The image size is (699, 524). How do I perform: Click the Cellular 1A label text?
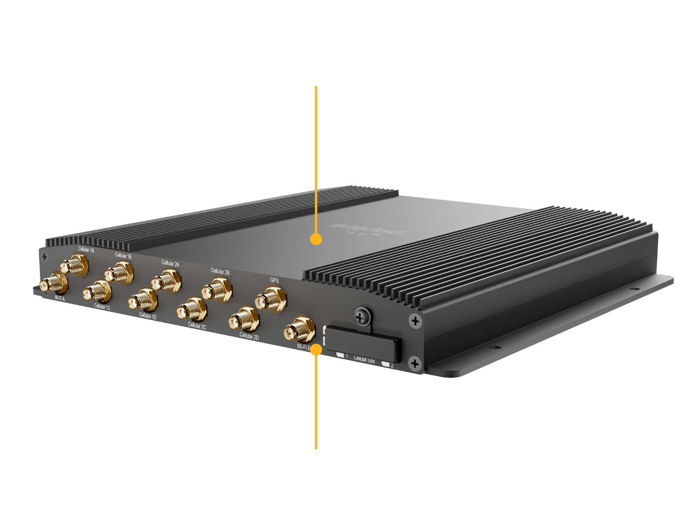tap(86, 250)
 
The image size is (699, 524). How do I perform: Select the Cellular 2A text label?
tap(170, 263)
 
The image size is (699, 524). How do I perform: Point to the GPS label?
tap(274, 280)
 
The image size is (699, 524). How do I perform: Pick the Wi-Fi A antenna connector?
tap(54, 283)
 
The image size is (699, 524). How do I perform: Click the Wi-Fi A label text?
tap(60, 298)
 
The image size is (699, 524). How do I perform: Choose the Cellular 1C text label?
tap(102, 307)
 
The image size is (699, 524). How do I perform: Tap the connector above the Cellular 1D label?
tap(143, 300)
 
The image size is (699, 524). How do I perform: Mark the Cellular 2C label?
tap(197, 326)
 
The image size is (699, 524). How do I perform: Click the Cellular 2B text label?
tap(220, 272)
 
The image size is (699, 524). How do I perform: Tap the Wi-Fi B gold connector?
tap(299, 329)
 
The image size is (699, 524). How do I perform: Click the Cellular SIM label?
tap(364, 360)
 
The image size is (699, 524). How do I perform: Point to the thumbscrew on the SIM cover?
tap(362, 317)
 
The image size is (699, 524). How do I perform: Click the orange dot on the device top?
tap(316, 239)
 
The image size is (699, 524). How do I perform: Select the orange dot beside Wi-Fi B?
tap(316, 350)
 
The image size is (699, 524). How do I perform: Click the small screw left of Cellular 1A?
tap(44, 257)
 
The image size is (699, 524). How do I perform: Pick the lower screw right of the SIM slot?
tap(415, 363)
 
